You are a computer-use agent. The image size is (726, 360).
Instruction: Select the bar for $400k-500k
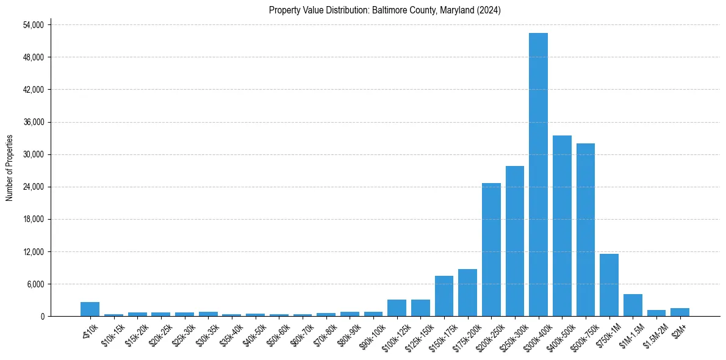coord(562,226)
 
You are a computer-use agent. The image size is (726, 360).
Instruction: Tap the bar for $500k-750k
coord(585,229)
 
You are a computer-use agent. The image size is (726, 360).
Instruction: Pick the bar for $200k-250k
coord(491,250)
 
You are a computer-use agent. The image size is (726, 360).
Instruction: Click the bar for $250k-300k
coord(515,241)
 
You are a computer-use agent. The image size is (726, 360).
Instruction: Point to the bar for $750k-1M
coord(609,285)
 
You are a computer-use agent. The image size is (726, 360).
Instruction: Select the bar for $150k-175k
coord(444,296)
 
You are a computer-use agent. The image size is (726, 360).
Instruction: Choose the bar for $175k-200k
coord(467,293)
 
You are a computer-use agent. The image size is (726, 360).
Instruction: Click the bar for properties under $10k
coord(90,309)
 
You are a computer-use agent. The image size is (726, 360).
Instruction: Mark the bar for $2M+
coord(680,312)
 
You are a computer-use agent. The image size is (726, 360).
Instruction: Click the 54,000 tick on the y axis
coord(33,25)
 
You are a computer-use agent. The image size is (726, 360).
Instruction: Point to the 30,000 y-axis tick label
coord(33,154)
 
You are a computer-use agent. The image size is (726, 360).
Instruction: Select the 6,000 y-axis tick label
coord(35,284)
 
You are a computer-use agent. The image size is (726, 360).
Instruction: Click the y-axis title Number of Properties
coord(9,167)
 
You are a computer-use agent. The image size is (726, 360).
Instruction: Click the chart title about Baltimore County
coord(384,10)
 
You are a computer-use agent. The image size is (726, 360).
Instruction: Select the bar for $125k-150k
coord(420,308)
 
